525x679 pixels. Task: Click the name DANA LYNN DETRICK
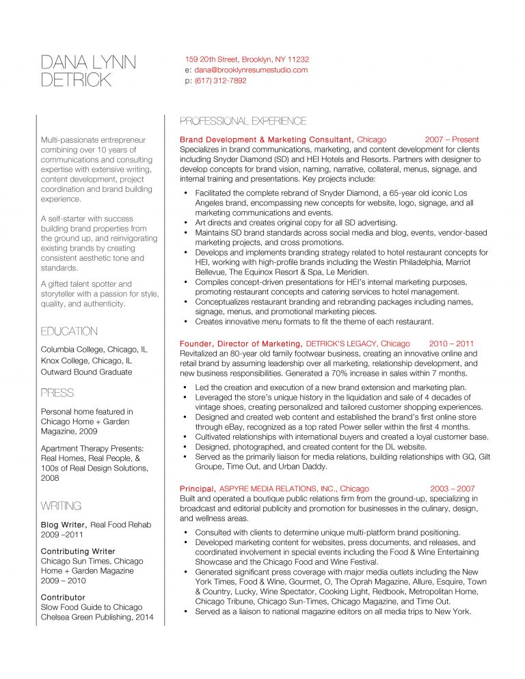pyautogui.click(x=88, y=71)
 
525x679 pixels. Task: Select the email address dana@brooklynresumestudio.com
pyautogui.click(x=251, y=70)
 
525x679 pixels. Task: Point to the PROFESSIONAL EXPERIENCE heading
pyautogui.click(x=243, y=122)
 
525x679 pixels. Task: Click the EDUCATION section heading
pyautogui.click(x=69, y=331)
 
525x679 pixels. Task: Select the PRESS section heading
pyautogui.click(x=57, y=393)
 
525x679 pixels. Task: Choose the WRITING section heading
pyautogui.click(x=62, y=506)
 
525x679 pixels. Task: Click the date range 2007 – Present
pyautogui.click(x=452, y=139)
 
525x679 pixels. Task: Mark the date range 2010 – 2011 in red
pyautogui.click(x=451, y=344)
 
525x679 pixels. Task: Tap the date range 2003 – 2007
pyautogui.click(x=452, y=489)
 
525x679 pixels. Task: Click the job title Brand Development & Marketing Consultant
pyautogui.click(x=267, y=139)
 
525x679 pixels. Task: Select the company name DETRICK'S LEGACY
pyautogui.click(x=341, y=344)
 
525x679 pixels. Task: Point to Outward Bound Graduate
pyautogui.click(x=87, y=372)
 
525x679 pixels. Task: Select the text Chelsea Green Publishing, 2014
pyautogui.click(x=97, y=618)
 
